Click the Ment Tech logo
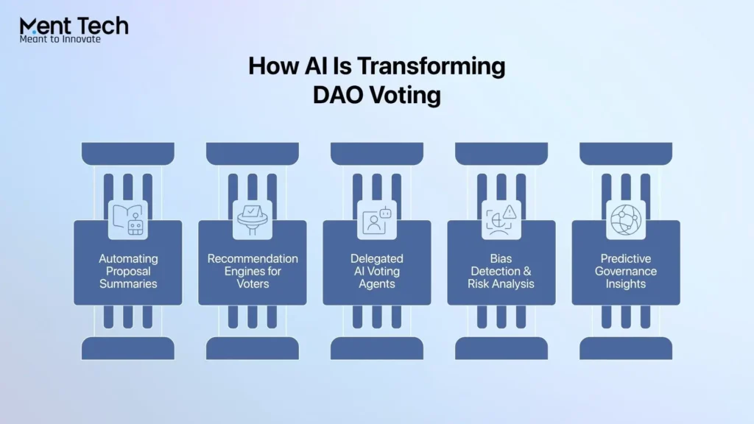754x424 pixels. click(x=74, y=26)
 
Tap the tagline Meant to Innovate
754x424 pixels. click(x=60, y=39)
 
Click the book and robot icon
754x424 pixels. click(x=128, y=219)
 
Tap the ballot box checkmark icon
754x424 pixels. click(x=253, y=219)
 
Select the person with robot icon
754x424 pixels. click(x=377, y=219)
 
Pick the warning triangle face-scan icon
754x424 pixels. click(x=501, y=219)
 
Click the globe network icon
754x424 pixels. click(x=626, y=219)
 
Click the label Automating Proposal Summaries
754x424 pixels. click(x=128, y=271)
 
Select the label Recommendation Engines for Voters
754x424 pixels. click(x=253, y=271)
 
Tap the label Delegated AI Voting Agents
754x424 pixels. click(x=377, y=271)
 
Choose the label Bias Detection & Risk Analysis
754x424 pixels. click(x=501, y=271)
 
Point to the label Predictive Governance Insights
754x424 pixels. click(x=626, y=271)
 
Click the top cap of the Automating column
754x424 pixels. click(x=128, y=153)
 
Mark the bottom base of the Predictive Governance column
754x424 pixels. click(x=626, y=348)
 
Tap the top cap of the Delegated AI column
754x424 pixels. click(x=377, y=153)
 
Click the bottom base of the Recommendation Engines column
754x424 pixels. click(x=253, y=348)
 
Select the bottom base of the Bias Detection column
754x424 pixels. click(x=501, y=348)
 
